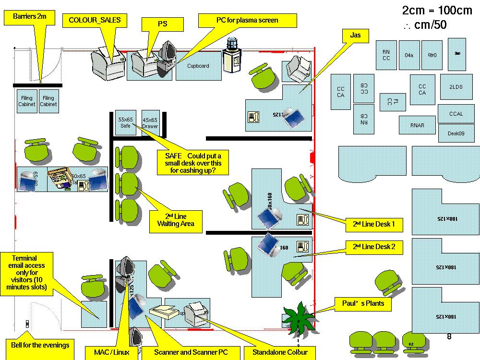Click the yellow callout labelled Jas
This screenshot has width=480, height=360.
pos(355,35)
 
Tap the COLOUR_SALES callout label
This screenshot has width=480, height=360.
pos(95,20)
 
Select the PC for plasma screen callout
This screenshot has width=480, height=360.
pos(247,20)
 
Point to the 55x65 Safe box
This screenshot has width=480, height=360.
pos(125,122)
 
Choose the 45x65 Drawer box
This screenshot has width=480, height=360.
pos(150,122)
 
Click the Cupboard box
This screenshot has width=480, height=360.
pos(198,66)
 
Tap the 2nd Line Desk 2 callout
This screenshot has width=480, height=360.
pos(374,247)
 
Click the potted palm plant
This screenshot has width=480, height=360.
pos(299,316)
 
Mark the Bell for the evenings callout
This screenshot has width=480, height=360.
pos(40,345)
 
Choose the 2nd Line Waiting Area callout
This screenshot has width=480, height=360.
pos(175,221)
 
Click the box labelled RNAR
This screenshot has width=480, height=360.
pos(417,125)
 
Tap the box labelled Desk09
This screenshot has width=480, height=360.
pos(456,133)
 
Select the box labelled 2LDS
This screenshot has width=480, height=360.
pos(456,87)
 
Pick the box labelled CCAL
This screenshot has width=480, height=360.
pos(456,114)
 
